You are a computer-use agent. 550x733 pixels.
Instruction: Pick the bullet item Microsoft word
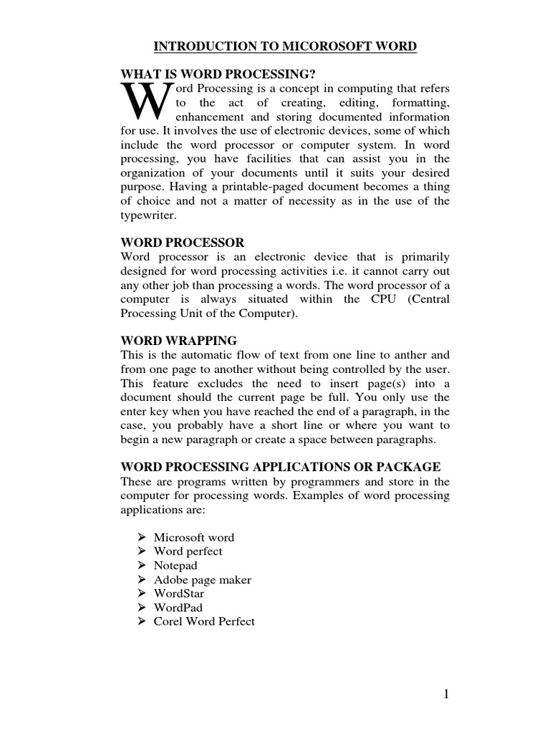coord(193,537)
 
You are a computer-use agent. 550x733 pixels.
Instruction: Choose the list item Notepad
coord(175,565)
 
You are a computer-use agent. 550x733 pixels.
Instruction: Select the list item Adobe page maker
coord(202,580)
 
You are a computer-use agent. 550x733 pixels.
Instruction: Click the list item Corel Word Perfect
coord(204,621)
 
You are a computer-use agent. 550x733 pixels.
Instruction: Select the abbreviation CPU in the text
coord(380,299)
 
